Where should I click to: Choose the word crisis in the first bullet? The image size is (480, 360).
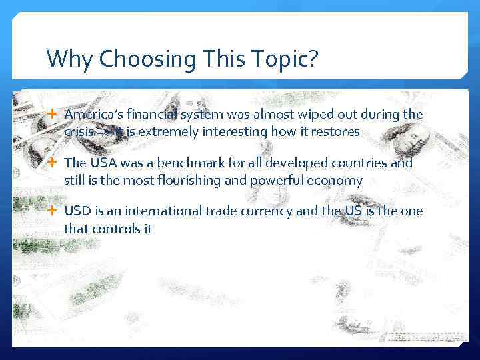79,132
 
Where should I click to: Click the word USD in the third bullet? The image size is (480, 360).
76,211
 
